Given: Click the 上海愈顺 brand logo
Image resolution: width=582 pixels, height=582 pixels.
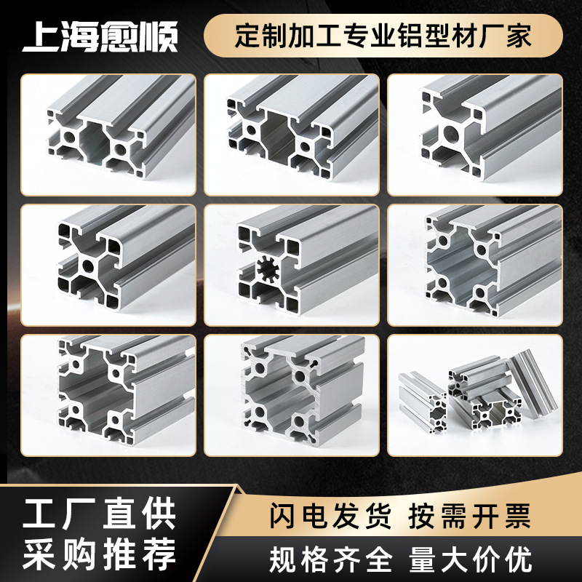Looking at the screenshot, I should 100,37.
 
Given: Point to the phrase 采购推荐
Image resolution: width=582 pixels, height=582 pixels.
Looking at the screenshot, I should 100,556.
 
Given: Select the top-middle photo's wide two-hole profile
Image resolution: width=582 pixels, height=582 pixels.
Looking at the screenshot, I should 291,135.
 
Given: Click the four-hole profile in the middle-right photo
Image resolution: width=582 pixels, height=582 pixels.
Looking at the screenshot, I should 473,266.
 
